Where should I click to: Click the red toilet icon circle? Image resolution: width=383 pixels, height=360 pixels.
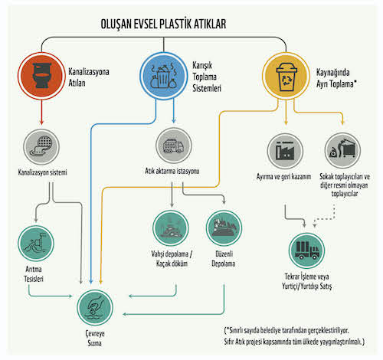click(41, 76)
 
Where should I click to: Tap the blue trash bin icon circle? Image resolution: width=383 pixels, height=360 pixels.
click(164, 76)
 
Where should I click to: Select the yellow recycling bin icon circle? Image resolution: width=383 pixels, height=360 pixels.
click(286, 76)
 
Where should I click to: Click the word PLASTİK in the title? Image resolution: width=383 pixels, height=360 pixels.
click(175, 24)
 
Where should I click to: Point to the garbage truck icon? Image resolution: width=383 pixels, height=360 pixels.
click(174, 146)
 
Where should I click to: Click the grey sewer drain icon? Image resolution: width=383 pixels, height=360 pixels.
click(41, 147)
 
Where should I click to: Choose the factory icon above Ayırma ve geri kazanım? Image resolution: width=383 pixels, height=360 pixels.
click(285, 151)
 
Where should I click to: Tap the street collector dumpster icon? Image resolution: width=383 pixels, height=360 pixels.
click(342, 150)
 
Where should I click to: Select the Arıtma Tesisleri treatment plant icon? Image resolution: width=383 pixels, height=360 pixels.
click(36, 244)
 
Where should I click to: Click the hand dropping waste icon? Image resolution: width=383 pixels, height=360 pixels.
click(95, 307)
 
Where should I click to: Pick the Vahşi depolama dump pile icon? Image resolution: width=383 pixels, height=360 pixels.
click(171, 228)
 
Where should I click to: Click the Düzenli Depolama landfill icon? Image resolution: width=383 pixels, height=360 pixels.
click(224, 228)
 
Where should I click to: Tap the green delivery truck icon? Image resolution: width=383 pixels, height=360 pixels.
click(306, 250)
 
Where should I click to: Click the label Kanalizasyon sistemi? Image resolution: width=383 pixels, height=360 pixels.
click(42, 172)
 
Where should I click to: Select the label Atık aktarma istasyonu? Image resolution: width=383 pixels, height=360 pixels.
click(172, 171)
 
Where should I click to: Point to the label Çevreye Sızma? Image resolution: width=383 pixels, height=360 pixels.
click(95, 338)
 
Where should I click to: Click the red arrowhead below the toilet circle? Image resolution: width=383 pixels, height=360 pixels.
click(41, 122)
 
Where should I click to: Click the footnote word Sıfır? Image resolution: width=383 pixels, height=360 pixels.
click(229, 342)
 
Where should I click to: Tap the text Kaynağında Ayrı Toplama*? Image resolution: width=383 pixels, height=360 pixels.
click(336, 78)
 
